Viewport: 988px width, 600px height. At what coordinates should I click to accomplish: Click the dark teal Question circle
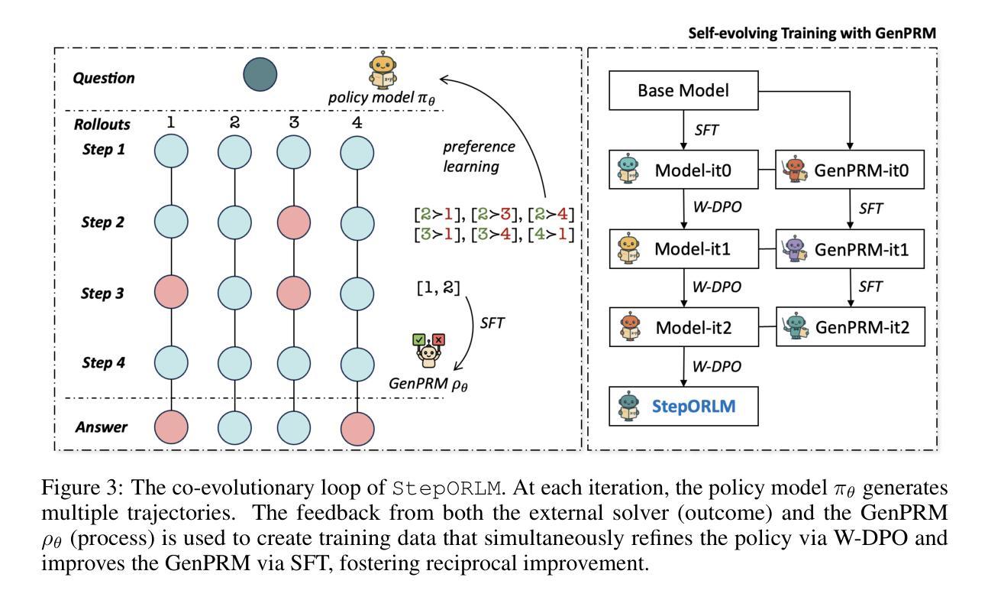(260, 75)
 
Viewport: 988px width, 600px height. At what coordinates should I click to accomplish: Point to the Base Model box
(683, 91)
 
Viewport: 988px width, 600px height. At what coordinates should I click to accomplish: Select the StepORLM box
(683, 406)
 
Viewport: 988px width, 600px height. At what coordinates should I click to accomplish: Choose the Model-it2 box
(683, 327)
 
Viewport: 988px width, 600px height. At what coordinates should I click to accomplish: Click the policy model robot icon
(383, 71)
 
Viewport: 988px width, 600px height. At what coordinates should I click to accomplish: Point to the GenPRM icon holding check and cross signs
(428, 352)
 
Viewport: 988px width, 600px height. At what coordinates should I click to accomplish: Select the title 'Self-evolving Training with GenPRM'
(812, 34)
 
